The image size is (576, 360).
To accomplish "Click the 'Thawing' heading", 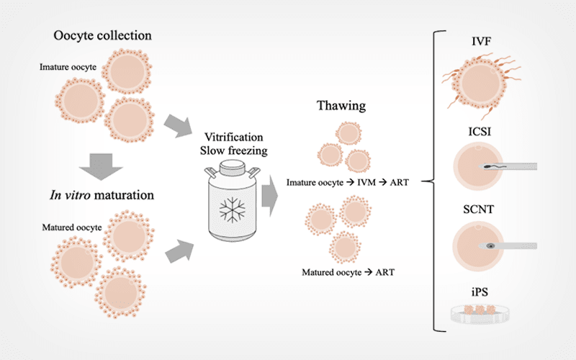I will pyautogui.click(x=341, y=106).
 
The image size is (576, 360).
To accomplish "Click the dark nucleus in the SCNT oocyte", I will pyautogui.click(x=490, y=246).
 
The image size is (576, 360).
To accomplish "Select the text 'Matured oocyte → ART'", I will pyautogui.click(x=347, y=271).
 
